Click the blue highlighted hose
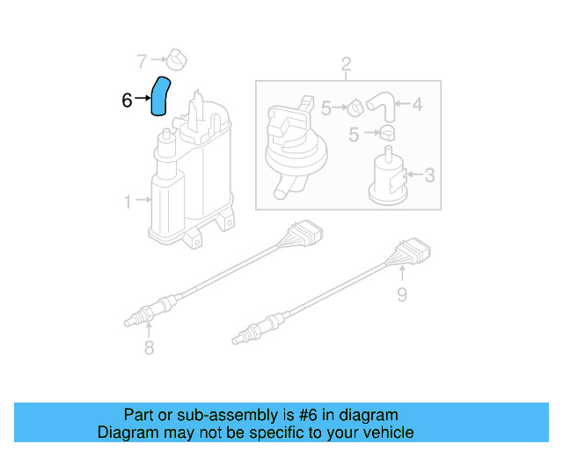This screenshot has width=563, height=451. (x=162, y=96)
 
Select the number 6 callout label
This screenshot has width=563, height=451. (x=128, y=101)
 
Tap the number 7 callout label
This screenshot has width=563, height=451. (x=143, y=61)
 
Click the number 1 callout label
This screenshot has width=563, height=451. (x=128, y=202)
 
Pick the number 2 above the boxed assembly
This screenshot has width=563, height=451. (x=346, y=63)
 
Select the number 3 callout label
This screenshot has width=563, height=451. (x=428, y=175)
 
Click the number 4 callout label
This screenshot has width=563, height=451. (x=417, y=105)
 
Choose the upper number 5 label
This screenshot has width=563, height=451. (x=325, y=108)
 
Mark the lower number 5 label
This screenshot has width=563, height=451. (x=355, y=135)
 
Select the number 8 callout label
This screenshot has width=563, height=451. (x=149, y=349)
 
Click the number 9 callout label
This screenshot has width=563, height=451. (x=402, y=294)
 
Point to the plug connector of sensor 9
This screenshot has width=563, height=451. (x=413, y=254)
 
